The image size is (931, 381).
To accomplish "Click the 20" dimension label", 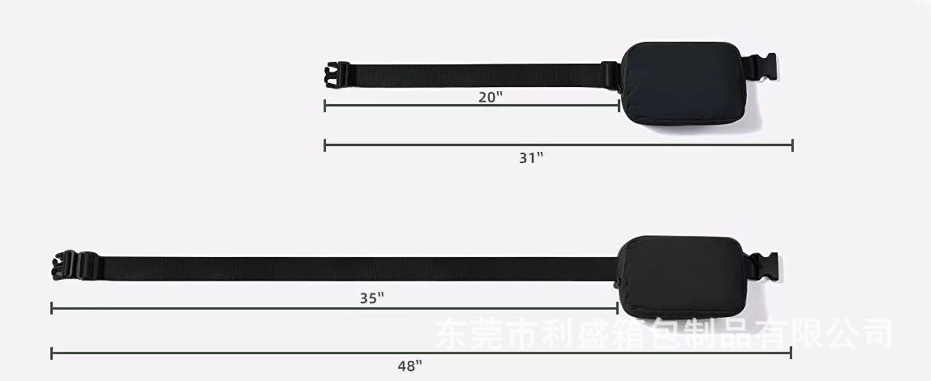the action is coord(490,97).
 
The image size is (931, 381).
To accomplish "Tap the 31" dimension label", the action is coord(531,157).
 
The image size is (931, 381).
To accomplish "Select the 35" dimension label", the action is coord(372,298).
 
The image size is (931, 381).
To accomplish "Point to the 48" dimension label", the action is coord(410,366).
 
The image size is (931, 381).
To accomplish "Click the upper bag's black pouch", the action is coord(684,83).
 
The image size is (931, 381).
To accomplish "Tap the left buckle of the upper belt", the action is coord(336,75).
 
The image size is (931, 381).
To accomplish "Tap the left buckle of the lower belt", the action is coord(76,265).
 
